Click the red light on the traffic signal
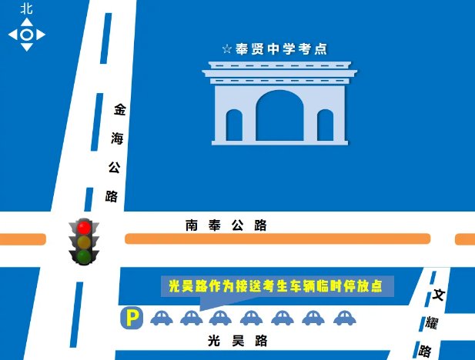[84, 228]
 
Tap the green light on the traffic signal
[84, 256]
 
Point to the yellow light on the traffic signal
[84, 242]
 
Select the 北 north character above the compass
[27, 8]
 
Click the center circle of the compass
[27, 35]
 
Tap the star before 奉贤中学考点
[227, 49]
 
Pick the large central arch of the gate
[279, 117]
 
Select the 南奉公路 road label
[226, 225]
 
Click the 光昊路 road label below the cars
[238, 340]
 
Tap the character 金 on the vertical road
[119, 110]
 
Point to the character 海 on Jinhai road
[117, 138]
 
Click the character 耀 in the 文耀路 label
[432, 322]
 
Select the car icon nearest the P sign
[161, 317]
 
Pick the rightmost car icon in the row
[343, 317]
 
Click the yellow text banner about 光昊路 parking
[276, 286]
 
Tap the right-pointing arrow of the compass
[42, 35]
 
